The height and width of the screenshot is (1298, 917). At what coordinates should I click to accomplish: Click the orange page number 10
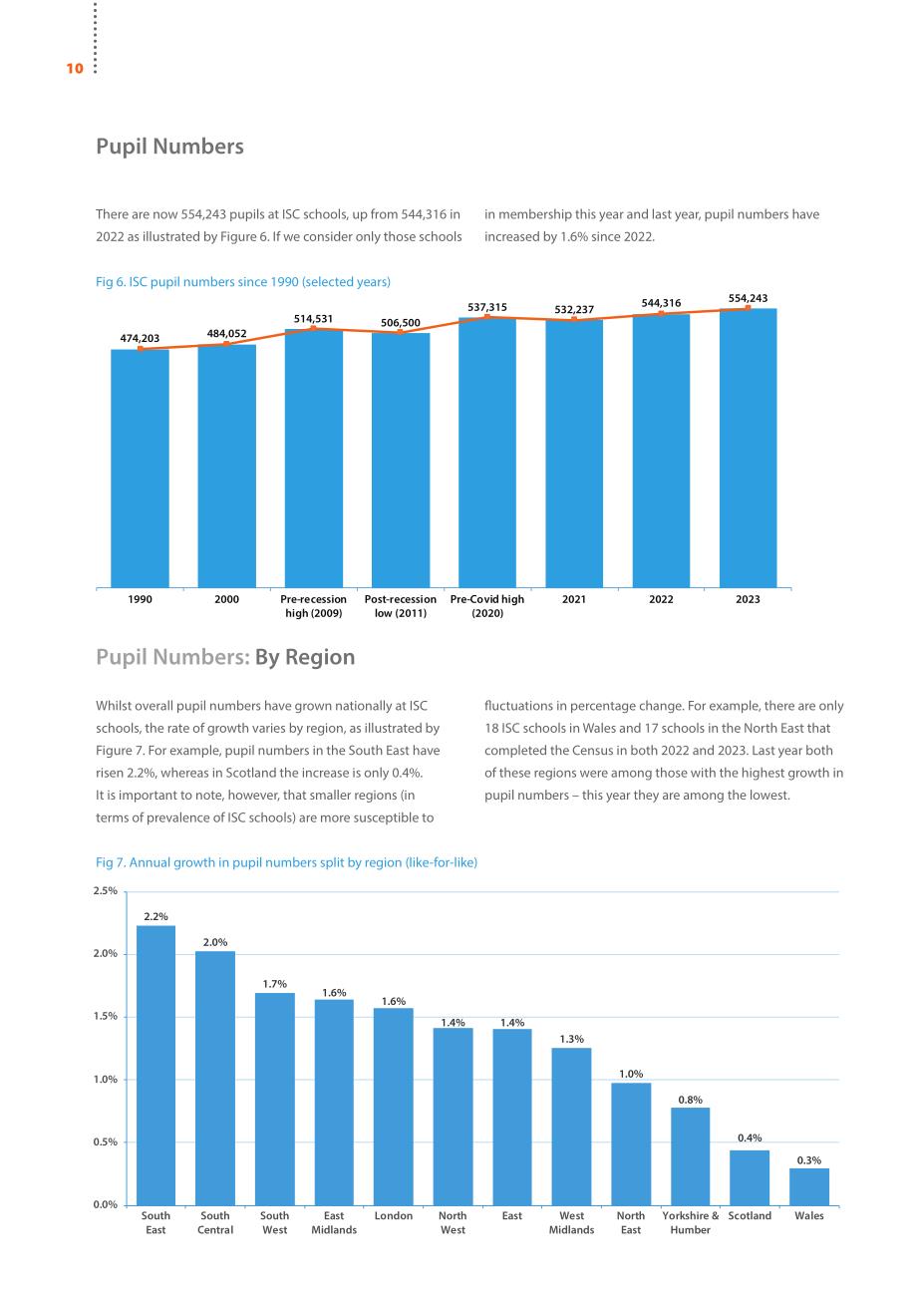point(75,69)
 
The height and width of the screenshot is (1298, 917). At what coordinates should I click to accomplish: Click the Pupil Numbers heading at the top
point(169,146)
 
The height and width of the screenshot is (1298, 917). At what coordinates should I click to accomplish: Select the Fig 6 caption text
point(243,281)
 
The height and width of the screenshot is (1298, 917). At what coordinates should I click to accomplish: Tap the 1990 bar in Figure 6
point(140,469)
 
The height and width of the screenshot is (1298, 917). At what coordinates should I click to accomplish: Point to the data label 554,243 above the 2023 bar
point(748,298)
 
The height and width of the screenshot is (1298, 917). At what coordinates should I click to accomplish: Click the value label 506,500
point(401,323)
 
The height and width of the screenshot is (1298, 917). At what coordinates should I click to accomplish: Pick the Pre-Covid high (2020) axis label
point(487,606)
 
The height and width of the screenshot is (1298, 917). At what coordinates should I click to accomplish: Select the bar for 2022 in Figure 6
point(661,451)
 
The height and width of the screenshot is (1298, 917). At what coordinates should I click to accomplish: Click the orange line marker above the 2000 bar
point(226,344)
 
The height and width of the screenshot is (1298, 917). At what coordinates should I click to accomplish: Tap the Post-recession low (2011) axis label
point(401,606)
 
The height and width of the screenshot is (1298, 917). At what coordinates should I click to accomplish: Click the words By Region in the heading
point(305,657)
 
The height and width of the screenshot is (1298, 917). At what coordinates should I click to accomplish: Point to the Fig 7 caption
point(287,862)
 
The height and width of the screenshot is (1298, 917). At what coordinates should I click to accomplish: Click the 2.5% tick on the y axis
point(106,890)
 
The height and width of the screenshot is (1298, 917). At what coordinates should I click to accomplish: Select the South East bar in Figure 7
point(155,1066)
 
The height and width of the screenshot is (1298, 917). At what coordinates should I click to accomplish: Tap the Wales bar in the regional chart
point(809,1187)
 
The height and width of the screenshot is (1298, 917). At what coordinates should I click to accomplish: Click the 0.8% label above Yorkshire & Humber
point(691,1100)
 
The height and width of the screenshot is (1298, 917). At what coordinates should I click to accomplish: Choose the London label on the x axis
point(394,1215)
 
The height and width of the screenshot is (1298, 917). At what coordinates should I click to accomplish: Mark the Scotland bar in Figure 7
point(750,1178)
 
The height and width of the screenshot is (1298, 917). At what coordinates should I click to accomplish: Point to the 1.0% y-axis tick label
point(106,1079)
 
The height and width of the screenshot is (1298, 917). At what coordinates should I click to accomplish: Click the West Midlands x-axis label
point(572,1222)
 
